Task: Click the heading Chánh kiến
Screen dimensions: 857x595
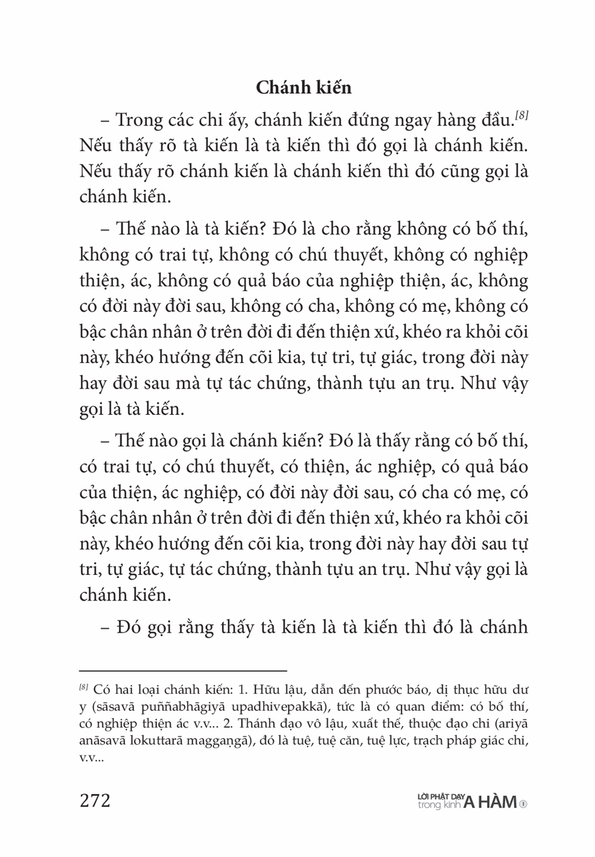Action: pos(303,87)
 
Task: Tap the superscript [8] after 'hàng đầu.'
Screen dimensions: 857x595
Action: pos(522,115)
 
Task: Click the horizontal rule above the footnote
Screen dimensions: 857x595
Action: pos(183,670)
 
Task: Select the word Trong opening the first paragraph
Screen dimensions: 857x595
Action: pos(139,120)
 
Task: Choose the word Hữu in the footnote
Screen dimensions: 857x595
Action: pos(266,690)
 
